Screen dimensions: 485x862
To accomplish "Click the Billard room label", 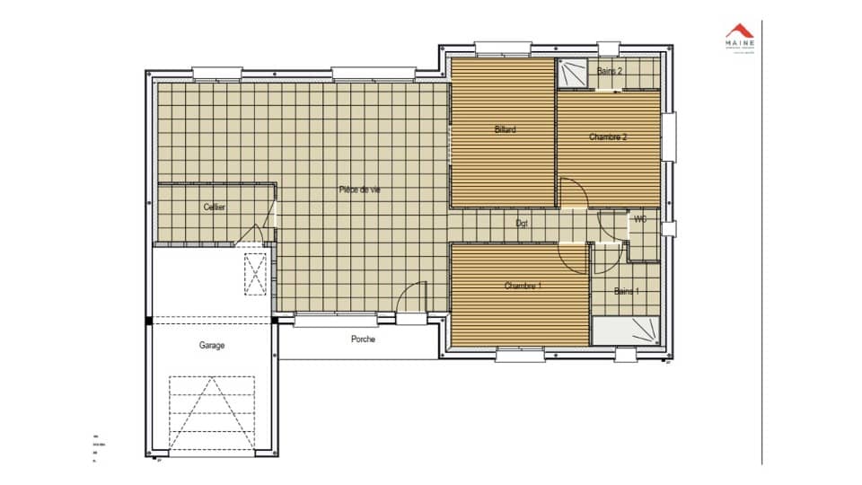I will point(506,129).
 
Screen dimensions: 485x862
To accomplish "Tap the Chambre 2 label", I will point(608,137).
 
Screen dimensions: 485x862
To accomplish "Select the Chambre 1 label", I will point(523,286).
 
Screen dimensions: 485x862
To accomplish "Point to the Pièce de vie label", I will point(359,189).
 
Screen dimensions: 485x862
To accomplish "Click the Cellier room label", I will point(214,207).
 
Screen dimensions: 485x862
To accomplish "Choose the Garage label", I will point(212,345).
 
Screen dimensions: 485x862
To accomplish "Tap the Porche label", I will point(363,339).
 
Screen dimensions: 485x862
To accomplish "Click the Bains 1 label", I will point(627,291).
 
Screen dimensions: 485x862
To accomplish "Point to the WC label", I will point(641,218).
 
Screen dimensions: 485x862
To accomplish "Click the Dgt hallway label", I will point(521,223).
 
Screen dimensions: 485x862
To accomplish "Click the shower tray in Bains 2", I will point(571,74).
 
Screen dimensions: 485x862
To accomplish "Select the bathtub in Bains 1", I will point(626,331).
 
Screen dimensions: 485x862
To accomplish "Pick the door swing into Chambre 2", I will point(573,193).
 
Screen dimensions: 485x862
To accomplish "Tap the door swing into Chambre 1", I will point(572,259).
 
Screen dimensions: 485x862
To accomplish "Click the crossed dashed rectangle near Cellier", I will point(257,274).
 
